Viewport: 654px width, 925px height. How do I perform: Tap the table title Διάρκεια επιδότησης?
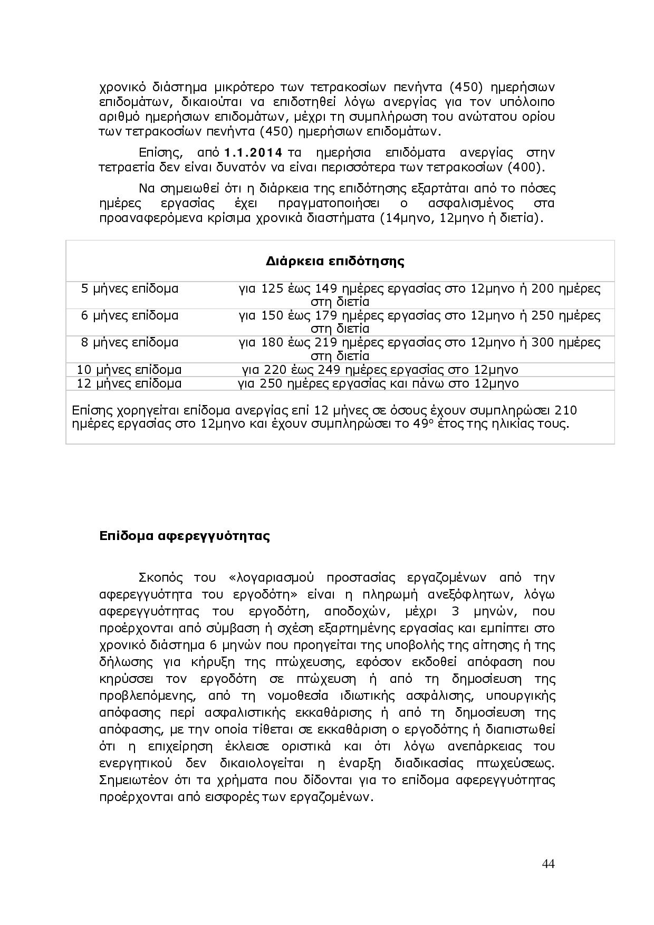click(335, 262)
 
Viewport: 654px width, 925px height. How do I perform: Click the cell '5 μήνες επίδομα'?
click(130, 289)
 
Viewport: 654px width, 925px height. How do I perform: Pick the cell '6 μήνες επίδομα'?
click(130, 316)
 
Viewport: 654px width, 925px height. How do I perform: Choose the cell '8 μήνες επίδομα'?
click(130, 343)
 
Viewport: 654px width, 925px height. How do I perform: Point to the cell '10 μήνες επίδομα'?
click(129, 370)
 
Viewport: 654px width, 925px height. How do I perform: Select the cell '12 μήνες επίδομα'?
click(129, 383)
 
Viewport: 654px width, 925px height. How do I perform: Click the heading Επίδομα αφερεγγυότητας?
click(185, 536)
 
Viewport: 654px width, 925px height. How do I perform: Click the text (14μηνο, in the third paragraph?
click(407, 218)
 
